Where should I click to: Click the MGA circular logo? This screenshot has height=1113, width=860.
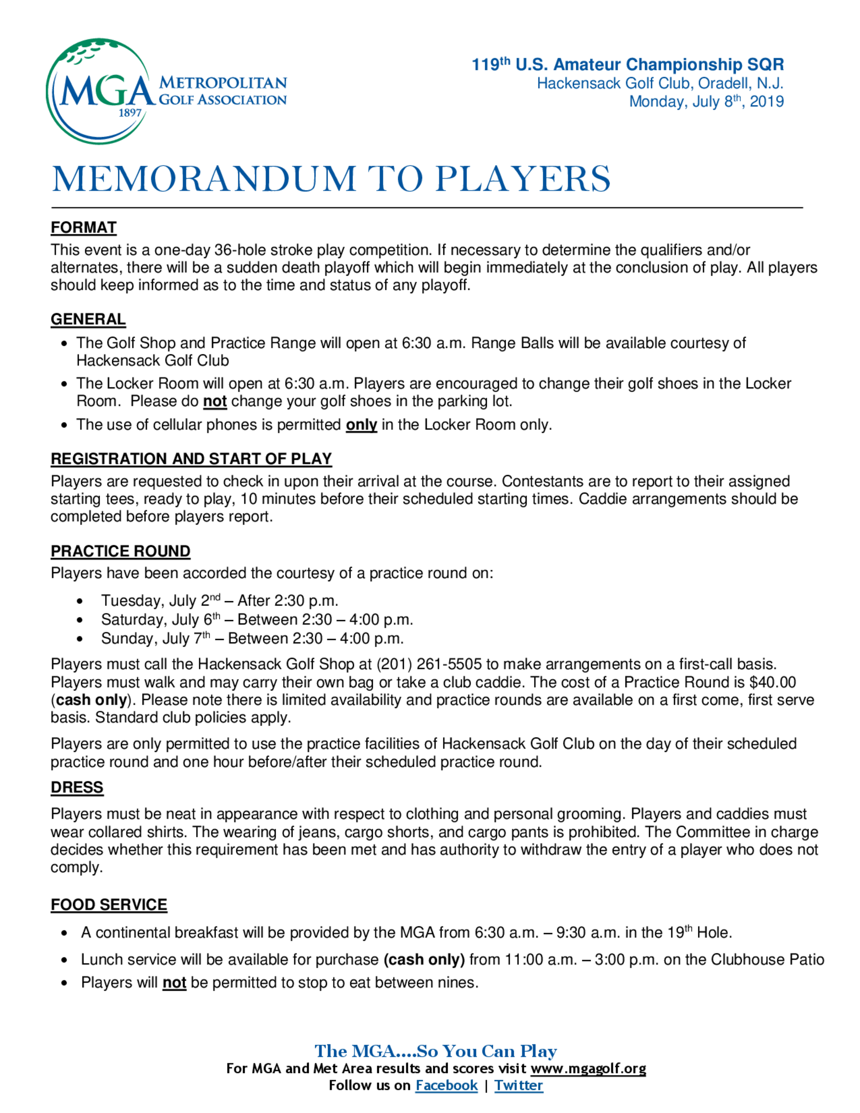coord(100,91)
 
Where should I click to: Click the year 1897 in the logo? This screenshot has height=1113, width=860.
coord(129,113)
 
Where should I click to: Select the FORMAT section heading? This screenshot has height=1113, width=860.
coord(83,228)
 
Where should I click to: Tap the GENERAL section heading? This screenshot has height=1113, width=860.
coord(88,319)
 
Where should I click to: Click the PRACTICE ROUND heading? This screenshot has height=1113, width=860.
coord(120,551)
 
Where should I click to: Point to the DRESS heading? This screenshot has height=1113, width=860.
coord(77,787)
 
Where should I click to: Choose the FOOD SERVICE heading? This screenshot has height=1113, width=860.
coord(108,904)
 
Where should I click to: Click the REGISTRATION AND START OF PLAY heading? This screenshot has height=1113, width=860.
coord(191,458)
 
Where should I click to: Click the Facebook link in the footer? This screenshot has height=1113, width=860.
coord(446,1085)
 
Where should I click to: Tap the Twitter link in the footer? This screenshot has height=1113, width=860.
coord(518,1085)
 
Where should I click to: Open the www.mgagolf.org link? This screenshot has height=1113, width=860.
coord(588,1068)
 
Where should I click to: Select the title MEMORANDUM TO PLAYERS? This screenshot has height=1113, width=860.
coord(331,179)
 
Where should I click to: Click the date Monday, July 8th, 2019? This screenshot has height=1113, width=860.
coord(706,101)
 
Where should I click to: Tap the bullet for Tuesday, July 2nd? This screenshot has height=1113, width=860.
coord(80,601)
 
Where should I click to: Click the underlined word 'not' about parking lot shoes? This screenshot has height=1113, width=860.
coord(215,402)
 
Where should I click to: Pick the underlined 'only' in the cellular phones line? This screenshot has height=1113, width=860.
coord(361,425)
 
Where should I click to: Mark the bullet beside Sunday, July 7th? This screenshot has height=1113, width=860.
coord(80,639)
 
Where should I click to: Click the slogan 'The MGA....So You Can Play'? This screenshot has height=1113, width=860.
coord(436,1051)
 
